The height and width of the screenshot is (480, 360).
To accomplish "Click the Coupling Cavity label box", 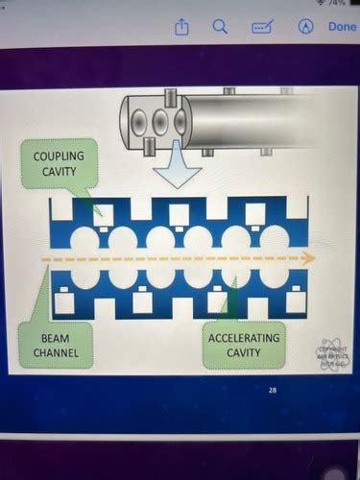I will [58, 163].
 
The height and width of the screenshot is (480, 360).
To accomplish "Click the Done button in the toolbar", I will [341, 27].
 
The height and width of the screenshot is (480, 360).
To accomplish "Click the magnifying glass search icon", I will [220, 27].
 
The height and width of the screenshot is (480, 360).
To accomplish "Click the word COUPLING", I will [58, 156].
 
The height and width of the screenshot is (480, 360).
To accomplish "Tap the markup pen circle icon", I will [306, 27].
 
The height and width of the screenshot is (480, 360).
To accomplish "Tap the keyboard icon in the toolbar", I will [262, 27].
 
